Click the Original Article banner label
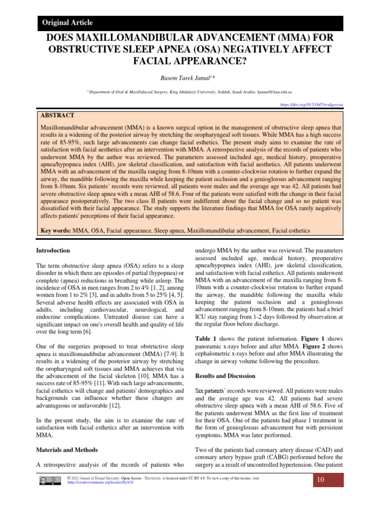[x=68, y=23]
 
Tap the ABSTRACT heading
[x=57, y=115]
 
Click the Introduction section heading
[x=54, y=251]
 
